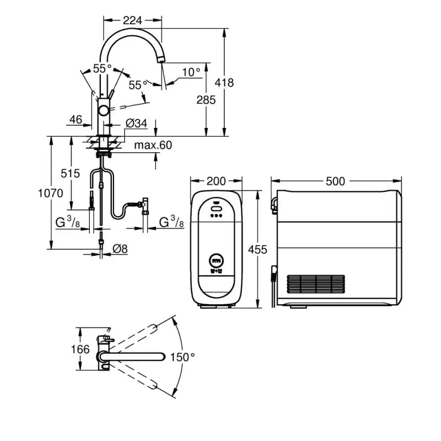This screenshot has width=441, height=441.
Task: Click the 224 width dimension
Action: pyautogui.click(x=132, y=20)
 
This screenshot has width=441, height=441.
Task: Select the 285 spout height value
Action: pyautogui.click(x=207, y=100)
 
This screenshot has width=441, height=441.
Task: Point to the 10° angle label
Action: pyautogui.click(x=191, y=72)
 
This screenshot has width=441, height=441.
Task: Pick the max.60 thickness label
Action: pyautogui.click(x=153, y=146)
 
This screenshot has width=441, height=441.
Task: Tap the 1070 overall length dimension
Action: pyautogui.click(x=50, y=193)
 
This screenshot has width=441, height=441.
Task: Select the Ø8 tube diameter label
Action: pyautogui.click(x=120, y=249)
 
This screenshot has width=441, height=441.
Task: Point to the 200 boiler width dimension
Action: pyautogui.click(x=216, y=181)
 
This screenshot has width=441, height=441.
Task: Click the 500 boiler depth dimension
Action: pyautogui.click(x=335, y=181)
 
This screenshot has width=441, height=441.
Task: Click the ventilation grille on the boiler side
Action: pyautogui.click(x=316, y=284)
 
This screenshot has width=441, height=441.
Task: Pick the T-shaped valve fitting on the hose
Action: pyautogui.click(x=145, y=204)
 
